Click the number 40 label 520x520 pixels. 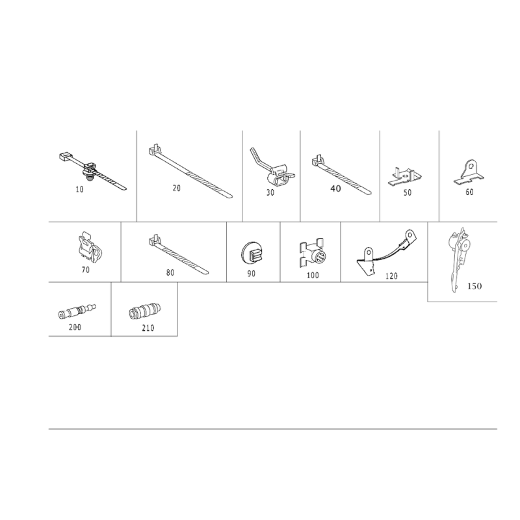335,188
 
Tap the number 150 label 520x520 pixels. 474,287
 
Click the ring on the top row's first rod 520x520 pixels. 90,171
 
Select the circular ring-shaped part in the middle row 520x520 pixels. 252,252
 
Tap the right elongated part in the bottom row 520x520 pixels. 144,310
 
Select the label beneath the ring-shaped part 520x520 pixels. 252,274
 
